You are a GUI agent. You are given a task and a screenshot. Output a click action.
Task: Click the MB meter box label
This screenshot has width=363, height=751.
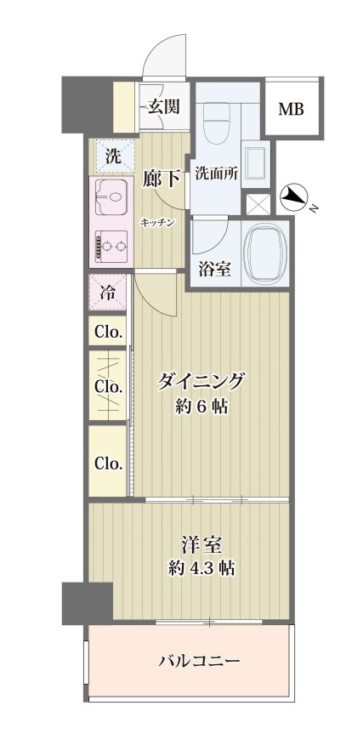pos(292,110)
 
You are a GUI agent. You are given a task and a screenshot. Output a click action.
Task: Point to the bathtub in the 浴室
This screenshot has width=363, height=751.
pos(264,253)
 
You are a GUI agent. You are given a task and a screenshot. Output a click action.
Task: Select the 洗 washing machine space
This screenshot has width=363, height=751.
pos(111,156)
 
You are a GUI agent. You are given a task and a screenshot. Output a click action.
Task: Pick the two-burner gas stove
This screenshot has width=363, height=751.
pos(109,247)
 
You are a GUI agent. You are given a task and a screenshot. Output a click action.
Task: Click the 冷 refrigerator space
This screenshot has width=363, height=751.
pos(109,293)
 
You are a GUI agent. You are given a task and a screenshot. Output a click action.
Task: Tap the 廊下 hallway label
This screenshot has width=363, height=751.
pos(161,179)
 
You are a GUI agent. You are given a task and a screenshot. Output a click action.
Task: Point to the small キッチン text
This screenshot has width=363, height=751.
pos(158,222)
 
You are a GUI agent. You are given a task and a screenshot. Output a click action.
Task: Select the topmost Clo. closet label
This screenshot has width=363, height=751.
pos(108,332)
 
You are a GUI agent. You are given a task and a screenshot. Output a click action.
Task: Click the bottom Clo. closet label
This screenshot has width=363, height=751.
pos(108,464)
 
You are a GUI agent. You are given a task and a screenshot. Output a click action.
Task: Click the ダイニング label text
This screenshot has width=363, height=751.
pos(203,380)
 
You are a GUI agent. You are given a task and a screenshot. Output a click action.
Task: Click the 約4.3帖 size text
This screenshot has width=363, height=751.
pos(201,568)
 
